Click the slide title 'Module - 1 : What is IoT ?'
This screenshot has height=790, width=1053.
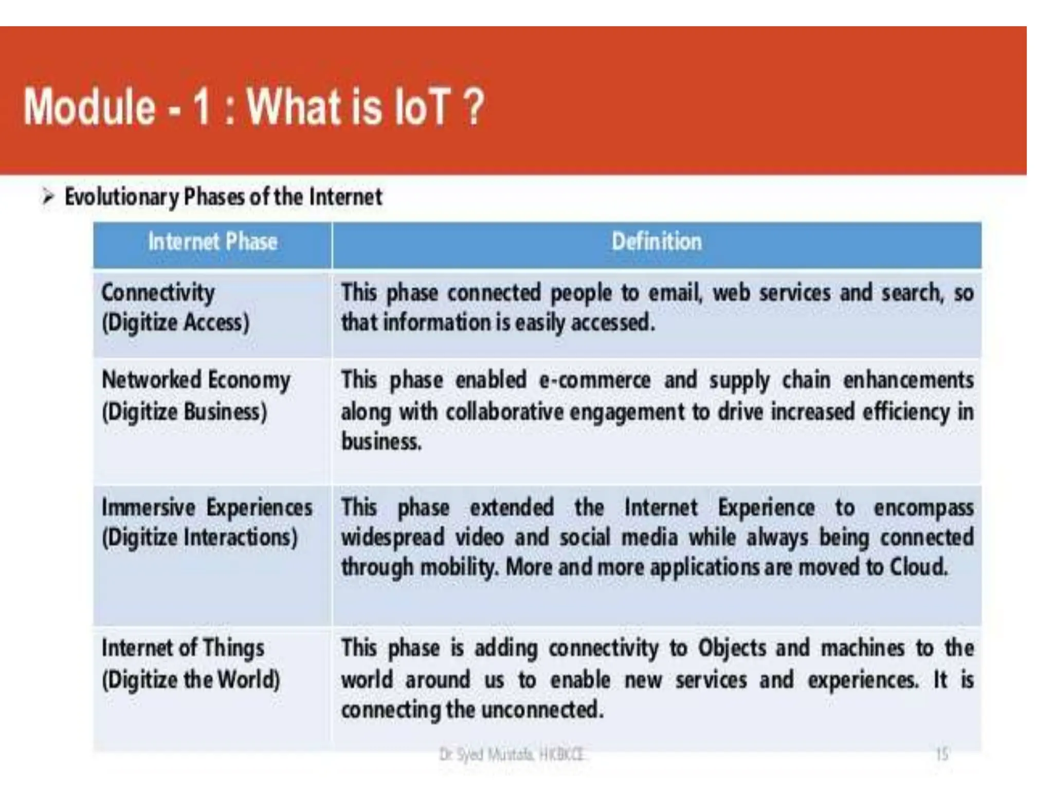point(253,107)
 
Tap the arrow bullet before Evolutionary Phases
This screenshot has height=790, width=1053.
point(48,197)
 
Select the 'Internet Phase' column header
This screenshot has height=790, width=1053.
point(212,242)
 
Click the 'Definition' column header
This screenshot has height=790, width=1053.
point(657,242)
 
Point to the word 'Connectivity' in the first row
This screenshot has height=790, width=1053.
point(158,293)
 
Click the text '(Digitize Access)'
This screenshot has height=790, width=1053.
point(175,323)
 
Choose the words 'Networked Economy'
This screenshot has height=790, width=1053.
point(196,381)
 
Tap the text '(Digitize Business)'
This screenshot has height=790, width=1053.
point(185,412)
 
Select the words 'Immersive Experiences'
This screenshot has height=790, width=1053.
point(207,508)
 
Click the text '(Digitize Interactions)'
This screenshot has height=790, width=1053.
point(199,538)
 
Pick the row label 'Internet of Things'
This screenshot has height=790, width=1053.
point(183,648)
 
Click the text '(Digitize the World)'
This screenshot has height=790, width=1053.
point(191,679)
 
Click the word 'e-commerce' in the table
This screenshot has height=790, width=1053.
point(594,381)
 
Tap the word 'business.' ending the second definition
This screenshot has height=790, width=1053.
point(381,442)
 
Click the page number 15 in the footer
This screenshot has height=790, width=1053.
point(941,755)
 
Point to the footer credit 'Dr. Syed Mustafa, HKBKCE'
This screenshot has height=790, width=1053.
point(512,755)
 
